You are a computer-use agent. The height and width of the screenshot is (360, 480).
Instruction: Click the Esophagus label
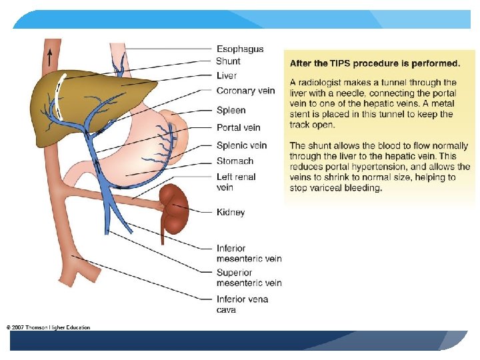click(240, 49)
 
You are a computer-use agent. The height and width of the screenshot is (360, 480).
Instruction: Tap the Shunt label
click(229, 61)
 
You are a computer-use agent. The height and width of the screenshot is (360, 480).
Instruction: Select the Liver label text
click(227, 76)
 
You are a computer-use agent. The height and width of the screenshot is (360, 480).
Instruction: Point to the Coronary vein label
click(245, 91)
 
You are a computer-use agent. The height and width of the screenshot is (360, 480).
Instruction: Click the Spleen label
click(231, 110)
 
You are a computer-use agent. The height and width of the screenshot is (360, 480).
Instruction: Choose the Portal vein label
click(239, 127)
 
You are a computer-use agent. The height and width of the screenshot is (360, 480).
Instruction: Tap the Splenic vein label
click(241, 145)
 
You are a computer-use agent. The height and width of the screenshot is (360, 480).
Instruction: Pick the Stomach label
click(235, 161)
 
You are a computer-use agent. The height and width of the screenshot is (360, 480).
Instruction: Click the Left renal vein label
click(236, 182)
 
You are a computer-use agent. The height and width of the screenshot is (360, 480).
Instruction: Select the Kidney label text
click(231, 212)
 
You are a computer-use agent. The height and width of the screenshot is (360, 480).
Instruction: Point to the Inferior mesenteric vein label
click(249, 253)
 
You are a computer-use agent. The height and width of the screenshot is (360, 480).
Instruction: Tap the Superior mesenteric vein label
click(249, 277)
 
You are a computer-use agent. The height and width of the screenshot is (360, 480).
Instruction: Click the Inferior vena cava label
click(242, 304)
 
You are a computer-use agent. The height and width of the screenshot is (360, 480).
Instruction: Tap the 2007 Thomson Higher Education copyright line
click(48, 327)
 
